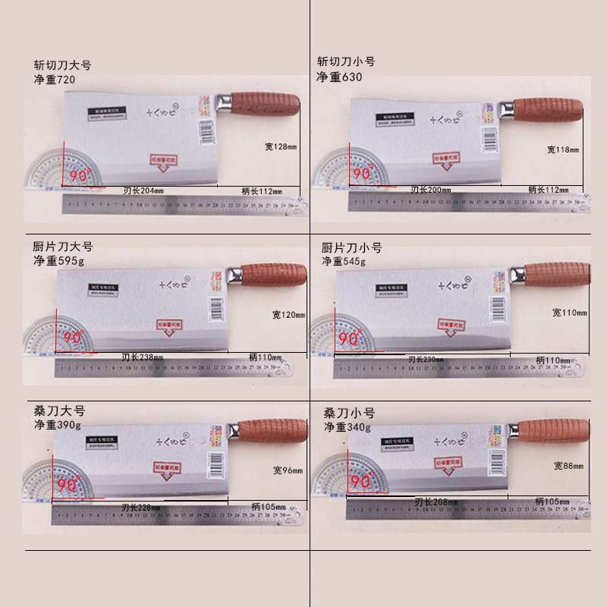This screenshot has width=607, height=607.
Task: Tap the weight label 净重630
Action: click(339, 77)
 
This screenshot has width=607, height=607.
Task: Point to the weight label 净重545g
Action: click(343, 261)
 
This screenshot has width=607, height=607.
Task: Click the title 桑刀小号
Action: click(349, 414)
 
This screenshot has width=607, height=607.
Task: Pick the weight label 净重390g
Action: click(57, 425)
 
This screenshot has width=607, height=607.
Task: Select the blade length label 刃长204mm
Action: click(143, 190)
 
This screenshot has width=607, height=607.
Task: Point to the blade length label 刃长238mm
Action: click(142, 357)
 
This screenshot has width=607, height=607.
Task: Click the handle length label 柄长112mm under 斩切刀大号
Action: click(262, 190)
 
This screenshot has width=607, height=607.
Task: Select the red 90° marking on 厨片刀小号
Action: click(352, 339)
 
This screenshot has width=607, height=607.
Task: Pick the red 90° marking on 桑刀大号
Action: click(67, 483)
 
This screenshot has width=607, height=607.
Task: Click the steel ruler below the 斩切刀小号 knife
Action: click(467, 202)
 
